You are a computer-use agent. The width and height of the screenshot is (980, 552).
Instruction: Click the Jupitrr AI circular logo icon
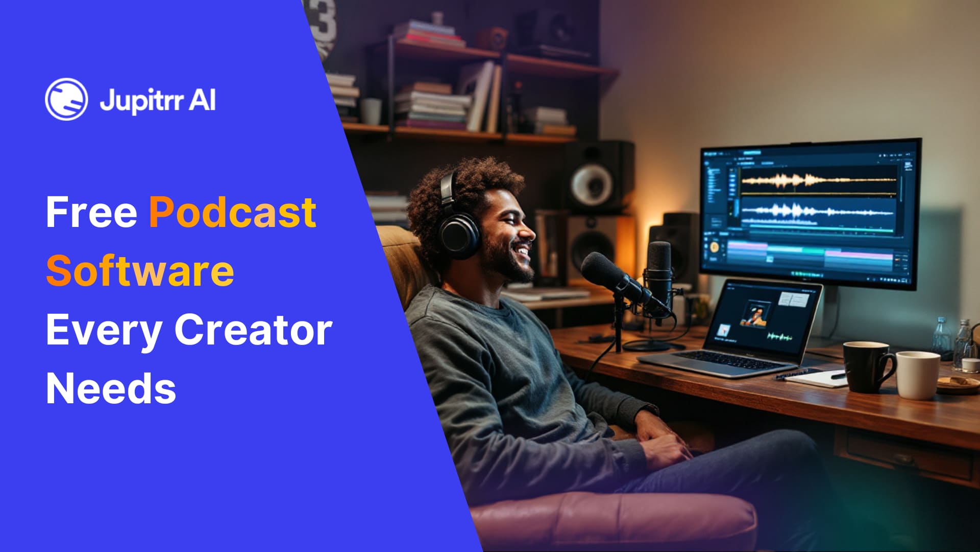[x=66, y=99]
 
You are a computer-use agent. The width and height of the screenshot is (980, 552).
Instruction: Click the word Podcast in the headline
[x=232, y=212]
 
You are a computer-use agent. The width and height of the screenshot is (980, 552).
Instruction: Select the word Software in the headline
[x=140, y=271]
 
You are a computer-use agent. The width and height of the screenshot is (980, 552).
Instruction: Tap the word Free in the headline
[x=91, y=212]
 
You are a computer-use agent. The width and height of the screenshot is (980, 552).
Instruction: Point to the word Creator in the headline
[x=253, y=330]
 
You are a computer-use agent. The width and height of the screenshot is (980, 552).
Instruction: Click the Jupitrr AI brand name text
[x=157, y=100]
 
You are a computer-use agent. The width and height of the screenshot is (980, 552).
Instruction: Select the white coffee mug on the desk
[x=917, y=375]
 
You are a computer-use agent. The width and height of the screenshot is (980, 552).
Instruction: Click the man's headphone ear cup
[x=459, y=236]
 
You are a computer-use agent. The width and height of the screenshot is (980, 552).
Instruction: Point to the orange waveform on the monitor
[x=817, y=180]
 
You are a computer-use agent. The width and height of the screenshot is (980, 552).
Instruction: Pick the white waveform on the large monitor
[x=817, y=211]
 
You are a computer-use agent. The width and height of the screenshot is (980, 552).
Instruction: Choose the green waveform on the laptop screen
[x=779, y=337]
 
